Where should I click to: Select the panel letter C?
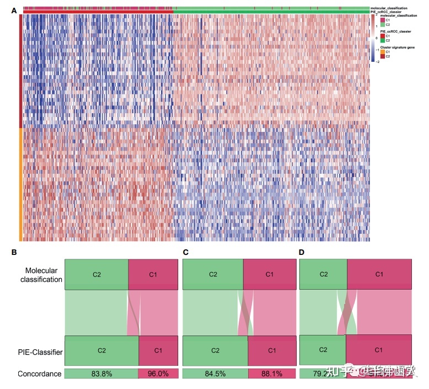185,252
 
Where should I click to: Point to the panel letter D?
302,252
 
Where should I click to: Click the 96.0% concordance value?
158,374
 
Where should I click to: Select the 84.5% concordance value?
215,374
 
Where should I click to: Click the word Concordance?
39,374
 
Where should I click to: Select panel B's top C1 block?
153,274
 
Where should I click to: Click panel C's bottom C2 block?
215,350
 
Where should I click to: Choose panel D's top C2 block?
323,274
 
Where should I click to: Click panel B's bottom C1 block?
158,350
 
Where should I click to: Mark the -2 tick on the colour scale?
377,62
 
